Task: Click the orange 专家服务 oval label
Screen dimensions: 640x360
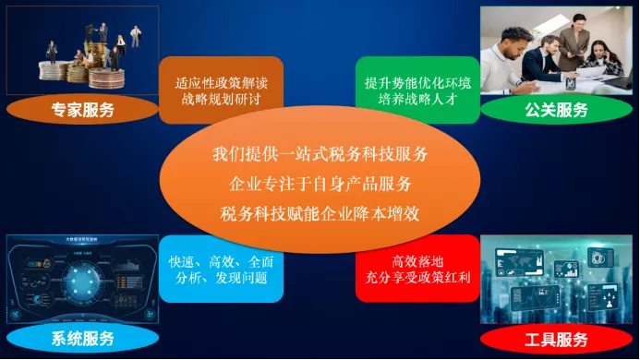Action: (82, 110)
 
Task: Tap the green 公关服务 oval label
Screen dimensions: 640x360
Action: (556, 110)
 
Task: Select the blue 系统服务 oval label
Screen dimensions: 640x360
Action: (82, 339)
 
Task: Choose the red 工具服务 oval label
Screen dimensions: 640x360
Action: (556, 339)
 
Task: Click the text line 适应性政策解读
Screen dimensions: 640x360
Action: (222, 83)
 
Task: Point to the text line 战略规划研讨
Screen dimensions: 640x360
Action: (222, 99)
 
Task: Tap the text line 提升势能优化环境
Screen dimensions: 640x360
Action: (417, 83)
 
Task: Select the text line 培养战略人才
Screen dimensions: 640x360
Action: (417, 99)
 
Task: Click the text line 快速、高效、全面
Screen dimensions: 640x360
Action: (222, 262)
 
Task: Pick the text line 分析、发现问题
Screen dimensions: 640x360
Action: (222, 278)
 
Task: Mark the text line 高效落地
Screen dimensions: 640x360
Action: (417, 261)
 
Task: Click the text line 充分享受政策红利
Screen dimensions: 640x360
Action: (417, 277)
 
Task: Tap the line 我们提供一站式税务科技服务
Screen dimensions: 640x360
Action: (320, 154)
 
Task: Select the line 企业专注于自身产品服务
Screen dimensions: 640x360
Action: (320, 184)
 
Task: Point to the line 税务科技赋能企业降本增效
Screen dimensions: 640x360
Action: (320, 214)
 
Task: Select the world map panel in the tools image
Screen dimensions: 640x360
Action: (519, 261)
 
